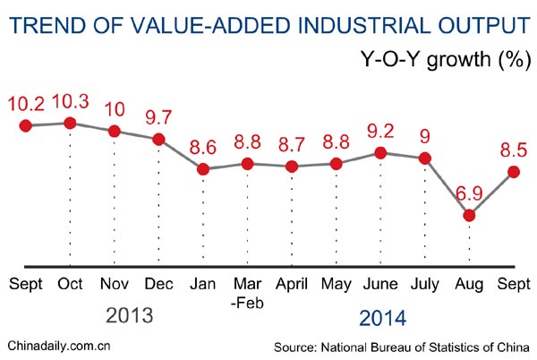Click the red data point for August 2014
[x=469, y=215]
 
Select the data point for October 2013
[x=70, y=122]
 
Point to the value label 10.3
[x=71, y=99]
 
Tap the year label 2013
[x=131, y=316]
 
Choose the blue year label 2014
[x=382, y=317]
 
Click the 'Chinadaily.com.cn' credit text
[x=59, y=346]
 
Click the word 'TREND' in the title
[x=45, y=23]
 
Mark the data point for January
[x=203, y=168]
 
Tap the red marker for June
[x=381, y=153]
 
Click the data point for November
[x=115, y=131]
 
